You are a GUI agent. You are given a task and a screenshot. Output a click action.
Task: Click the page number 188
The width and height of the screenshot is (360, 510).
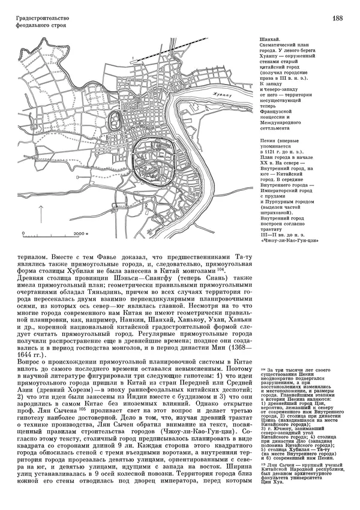point(337,19)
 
